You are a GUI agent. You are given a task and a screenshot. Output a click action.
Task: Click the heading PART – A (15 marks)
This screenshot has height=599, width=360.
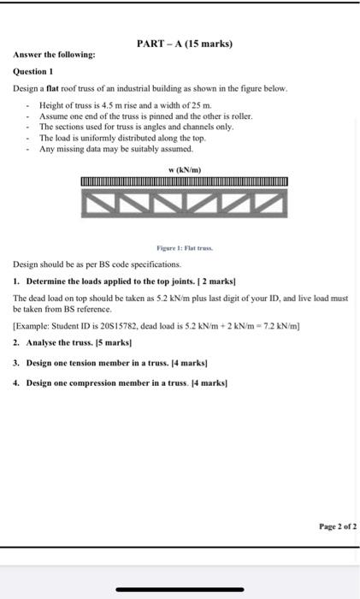tap(184, 44)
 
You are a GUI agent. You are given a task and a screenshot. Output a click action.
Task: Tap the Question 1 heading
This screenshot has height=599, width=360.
tap(34, 73)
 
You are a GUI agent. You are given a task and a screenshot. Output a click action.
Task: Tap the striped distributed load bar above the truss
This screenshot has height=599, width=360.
tap(184, 181)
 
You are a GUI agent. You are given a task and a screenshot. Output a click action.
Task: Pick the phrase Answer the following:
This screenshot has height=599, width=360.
tap(54, 56)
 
